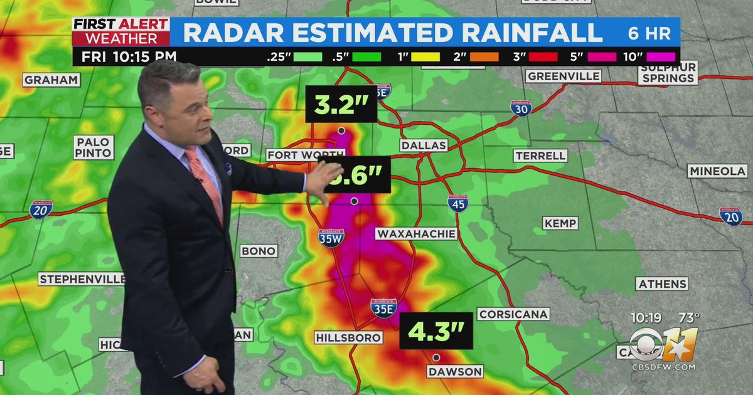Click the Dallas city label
pyautogui.click(x=424, y=145)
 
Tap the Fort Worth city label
pyautogui.click(x=297, y=155)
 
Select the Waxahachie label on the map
pyautogui.click(x=416, y=234)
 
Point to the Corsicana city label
pyautogui.click(x=513, y=314)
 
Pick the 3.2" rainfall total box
pyautogui.click(x=341, y=105)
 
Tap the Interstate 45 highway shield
pyautogui.click(x=457, y=203)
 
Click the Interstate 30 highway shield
pyautogui.click(x=521, y=107)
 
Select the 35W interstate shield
pyautogui.click(x=331, y=238)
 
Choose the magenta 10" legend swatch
pyautogui.click(x=656, y=56)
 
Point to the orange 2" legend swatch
pyautogui.click(x=484, y=56)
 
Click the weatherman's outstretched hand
pyautogui.click(x=324, y=182)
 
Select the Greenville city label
pyautogui.click(x=563, y=76)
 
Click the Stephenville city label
pyautogui.click(x=81, y=279)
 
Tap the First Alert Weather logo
pyautogui.click(x=120, y=31)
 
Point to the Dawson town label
pyautogui.click(x=455, y=371)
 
